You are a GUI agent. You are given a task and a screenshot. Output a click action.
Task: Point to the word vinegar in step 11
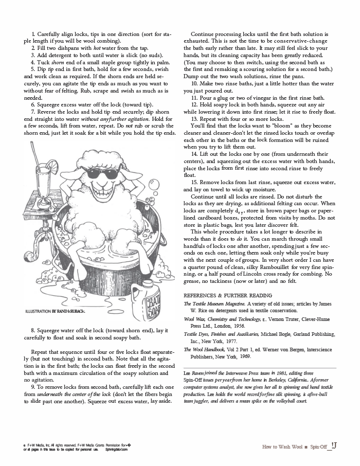(x=276, y=97)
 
